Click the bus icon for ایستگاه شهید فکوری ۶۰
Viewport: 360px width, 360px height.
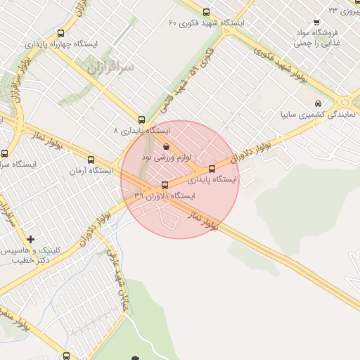pos(206,12)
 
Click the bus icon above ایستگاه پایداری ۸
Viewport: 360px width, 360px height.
pos(141,120)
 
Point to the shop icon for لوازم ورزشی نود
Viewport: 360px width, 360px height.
pos(166,146)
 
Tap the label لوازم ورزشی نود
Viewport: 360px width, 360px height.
pos(172,157)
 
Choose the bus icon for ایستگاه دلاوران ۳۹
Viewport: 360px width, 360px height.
pos(165,186)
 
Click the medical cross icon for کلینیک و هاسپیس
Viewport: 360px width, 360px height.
pos(30,240)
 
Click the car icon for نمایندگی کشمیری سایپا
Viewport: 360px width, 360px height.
pos(319,103)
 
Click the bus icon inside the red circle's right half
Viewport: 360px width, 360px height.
pos(212,169)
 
